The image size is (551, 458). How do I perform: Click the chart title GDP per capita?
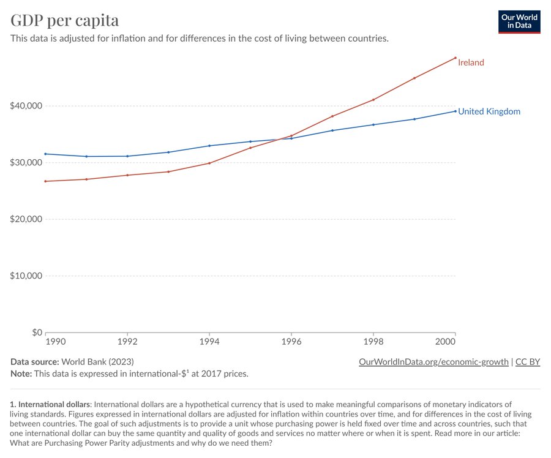(65, 20)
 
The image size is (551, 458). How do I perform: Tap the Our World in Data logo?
(520, 21)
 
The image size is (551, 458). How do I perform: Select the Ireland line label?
(471, 62)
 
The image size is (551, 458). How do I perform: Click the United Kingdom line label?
(489, 111)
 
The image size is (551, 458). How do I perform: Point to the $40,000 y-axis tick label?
(26, 106)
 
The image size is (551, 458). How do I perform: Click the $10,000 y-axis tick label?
(26, 276)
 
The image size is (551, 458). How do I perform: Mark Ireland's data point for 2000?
(455, 58)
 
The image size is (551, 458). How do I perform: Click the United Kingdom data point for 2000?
(455, 111)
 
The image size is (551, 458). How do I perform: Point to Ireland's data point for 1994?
(209, 163)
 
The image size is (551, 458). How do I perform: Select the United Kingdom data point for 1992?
(127, 156)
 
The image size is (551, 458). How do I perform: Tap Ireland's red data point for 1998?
(373, 100)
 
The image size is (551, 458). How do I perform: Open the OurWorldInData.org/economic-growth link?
(433, 362)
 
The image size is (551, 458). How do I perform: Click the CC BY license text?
(528, 362)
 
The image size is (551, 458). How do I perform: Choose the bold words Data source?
(35, 362)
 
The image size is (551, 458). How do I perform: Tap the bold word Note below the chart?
(21, 374)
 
